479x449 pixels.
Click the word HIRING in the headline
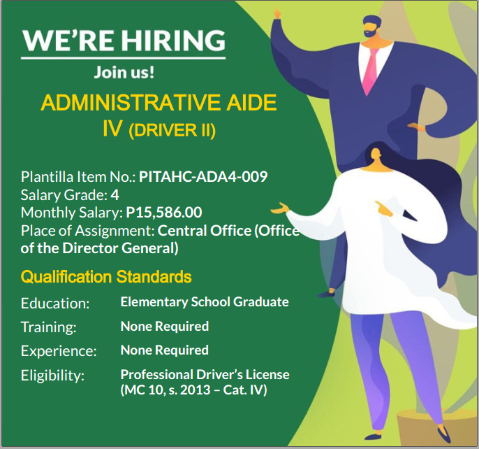pos(173,41)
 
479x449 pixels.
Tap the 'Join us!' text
pos(124,72)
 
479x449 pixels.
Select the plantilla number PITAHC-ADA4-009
pos(203,177)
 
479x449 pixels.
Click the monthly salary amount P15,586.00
pos(164,213)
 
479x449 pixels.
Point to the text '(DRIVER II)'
pos(172,130)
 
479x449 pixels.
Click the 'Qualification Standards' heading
pos(106,277)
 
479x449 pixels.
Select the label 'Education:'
pos(55,304)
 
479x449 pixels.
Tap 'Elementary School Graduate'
pos(205,302)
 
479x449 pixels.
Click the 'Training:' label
pos(49,327)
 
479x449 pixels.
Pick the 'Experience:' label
pos(59,351)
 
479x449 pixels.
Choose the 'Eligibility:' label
pos(52,376)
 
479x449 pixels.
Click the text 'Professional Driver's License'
pos(205,374)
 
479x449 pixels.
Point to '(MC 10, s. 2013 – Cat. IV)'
pos(193,390)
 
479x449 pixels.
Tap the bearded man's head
pos(372,27)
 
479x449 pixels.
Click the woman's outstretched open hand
pos(279,208)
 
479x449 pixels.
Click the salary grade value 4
pos(115,195)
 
